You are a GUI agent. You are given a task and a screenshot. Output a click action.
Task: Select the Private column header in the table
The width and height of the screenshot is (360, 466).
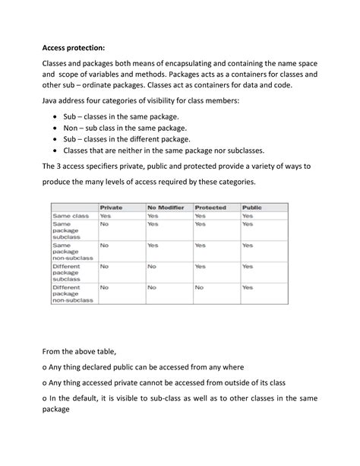[111, 207]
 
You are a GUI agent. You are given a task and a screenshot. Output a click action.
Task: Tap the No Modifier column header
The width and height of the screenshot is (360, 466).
[167, 207]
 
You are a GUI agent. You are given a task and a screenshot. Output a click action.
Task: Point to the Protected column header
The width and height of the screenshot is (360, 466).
[210, 207]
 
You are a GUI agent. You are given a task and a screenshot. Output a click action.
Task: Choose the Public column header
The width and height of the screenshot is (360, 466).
[251, 207]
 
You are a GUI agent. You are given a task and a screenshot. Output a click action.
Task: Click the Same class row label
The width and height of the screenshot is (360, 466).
[70, 216]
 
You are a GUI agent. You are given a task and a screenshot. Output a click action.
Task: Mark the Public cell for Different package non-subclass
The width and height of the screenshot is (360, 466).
[247, 288]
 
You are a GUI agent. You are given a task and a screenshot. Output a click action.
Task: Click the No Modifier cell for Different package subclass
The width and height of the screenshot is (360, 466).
[152, 267]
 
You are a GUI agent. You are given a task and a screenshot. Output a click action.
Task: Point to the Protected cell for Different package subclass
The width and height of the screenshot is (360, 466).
[200, 267]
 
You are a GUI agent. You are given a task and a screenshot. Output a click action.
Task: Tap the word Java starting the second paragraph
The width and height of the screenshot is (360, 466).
[51, 100]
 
